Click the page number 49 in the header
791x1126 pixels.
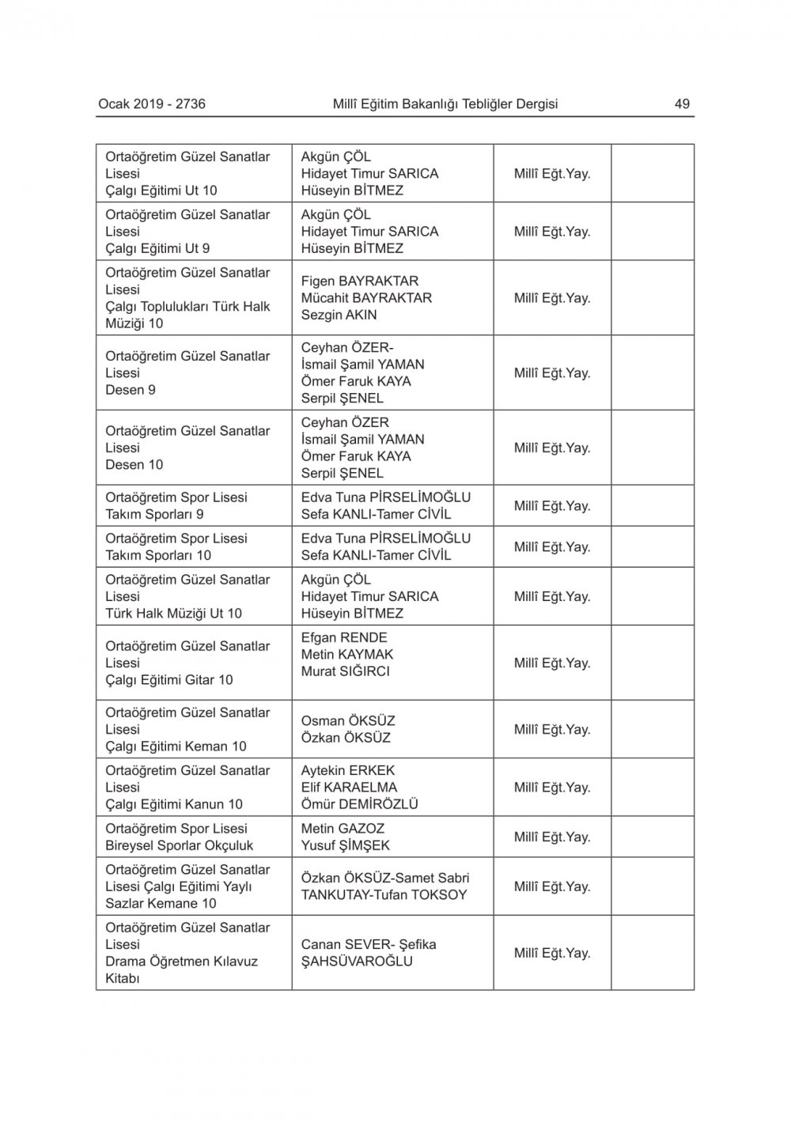click(x=682, y=104)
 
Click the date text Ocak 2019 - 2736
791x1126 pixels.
click(x=152, y=104)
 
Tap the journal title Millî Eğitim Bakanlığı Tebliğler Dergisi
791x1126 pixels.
click(x=445, y=104)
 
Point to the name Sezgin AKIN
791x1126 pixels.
click(x=339, y=315)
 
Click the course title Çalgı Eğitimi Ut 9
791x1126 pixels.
click(x=157, y=248)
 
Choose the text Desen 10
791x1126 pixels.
click(x=134, y=464)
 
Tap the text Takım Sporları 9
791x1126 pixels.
click(x=154, y=514)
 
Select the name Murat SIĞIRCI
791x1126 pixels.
click(x=345, y=671)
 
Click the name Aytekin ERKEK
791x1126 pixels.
click(x=348, y=770)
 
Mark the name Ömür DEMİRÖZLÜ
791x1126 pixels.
click(x=359, y=804)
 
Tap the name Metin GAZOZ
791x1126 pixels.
click(x=343, y=829)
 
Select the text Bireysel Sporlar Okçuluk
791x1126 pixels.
click(x=180, y=845)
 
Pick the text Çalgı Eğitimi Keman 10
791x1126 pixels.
click(x=176, y=746)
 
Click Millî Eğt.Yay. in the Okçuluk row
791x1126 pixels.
click(x=552, y=837)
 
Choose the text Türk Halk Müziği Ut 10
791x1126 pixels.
click(x=174, y=614)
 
